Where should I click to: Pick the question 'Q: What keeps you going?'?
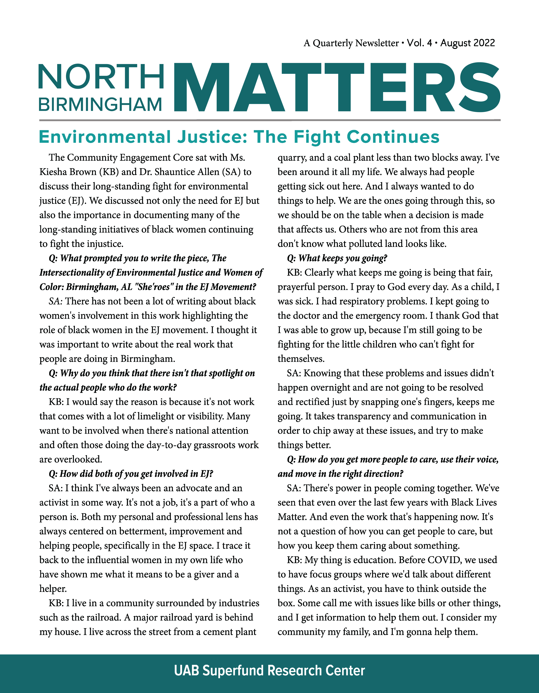[337, 258]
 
